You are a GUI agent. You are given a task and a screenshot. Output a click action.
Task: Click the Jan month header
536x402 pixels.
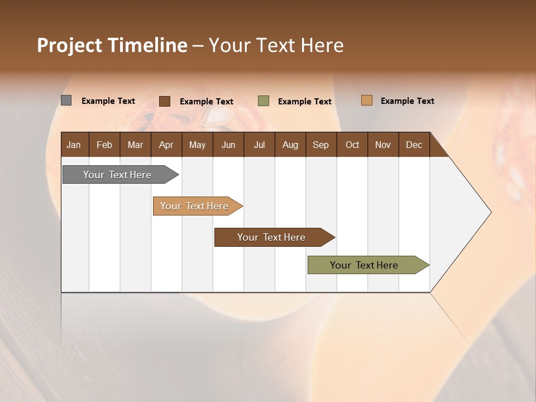[x=74, y=145]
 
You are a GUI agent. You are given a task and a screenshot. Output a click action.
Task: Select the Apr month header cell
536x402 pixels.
[x=166, y=145]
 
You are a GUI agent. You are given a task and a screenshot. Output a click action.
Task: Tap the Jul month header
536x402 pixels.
[x=259, y=145]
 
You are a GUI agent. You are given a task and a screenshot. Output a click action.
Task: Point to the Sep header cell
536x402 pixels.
[x=320, y=145]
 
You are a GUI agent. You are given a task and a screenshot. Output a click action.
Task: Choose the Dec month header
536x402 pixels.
[x=414, y=145]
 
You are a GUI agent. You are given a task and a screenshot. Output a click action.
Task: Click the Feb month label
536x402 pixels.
[x=104, y=145]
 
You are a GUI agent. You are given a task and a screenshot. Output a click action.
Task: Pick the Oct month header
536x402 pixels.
[x=352, y=145]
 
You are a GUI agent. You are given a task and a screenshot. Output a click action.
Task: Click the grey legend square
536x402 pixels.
[x=66, y=100]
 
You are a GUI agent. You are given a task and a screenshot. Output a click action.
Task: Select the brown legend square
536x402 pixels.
[x=165, y=101]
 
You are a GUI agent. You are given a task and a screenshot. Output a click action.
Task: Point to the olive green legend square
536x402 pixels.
[x=264, y=101]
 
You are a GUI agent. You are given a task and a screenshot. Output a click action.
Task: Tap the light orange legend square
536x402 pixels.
[x=366, y=100]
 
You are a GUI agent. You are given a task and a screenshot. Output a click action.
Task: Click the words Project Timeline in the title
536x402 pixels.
[x=112, y=45]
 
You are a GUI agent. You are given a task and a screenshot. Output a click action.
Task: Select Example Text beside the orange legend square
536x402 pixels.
[x=407, y=101]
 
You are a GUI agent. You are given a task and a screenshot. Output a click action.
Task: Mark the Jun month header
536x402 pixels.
[x=228, y=145]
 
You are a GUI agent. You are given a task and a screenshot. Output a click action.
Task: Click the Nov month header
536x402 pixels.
[x=382, y=145]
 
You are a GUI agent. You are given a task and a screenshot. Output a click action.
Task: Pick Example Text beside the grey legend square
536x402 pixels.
[x=108, y=101]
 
